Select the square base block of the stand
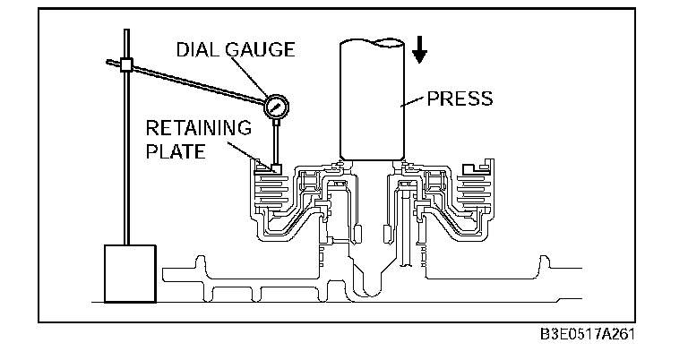click(131, 273)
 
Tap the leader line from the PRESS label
click(414, 101)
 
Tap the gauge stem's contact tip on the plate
click(273, 167)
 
